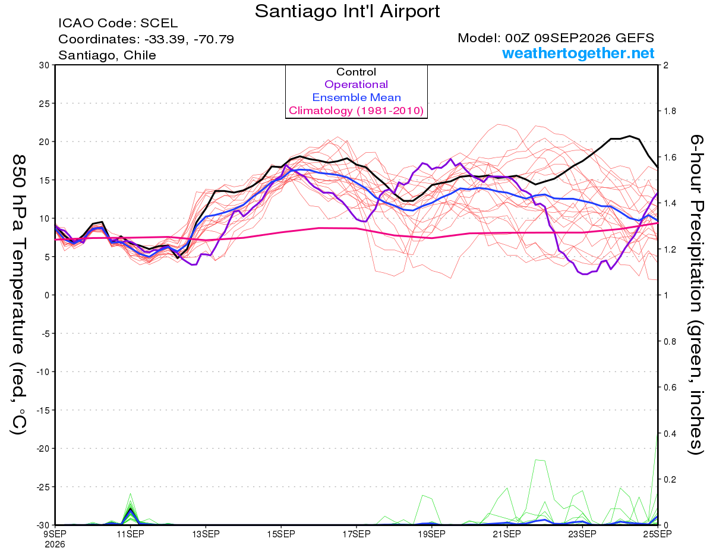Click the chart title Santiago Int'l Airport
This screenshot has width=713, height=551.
pos(347,11)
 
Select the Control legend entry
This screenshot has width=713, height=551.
pos(356,72)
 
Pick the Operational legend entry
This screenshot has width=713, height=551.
pos(356,84)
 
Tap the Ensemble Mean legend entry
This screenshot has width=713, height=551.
pos(356,97)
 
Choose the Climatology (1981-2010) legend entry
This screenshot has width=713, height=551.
pos(356,111)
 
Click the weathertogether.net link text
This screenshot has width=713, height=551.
pos(578,53)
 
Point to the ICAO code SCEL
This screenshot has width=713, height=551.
pos(159,23)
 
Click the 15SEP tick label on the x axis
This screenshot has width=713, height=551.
pos(281,534)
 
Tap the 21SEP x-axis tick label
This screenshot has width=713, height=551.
pos(507,534)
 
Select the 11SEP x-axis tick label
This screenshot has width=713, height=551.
pos(130,534)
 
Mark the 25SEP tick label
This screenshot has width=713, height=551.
pos(657,534)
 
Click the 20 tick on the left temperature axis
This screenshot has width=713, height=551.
pos(44,142)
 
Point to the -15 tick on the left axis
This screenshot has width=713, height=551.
pos(42,410)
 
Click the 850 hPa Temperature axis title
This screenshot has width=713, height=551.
pos(18,295)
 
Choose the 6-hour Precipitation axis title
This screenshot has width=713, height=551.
pos(695,294)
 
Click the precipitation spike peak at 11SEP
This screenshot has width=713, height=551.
pos(130,493)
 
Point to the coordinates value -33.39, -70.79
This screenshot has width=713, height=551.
pos(189,39)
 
